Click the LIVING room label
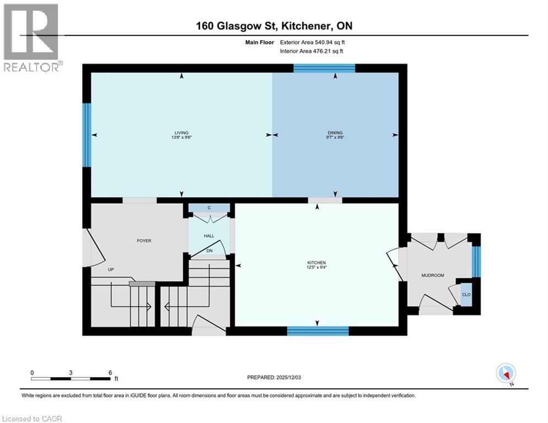(x=181, y=133)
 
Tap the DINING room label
(x=335, y=133)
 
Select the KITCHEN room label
(x=317, y=263)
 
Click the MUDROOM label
(x=432, y=275)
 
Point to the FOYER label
(x=144, y=241)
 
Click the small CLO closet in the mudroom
(x=466, y=295)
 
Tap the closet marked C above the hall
(x=209, y=208)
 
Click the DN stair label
(x=209, y=251)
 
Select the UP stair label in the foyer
(x=111, y=270)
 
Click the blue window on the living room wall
(x=86, y=134)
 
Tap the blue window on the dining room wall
(x=324, y=68)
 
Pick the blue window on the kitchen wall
(x=318, y=331)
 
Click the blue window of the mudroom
(x=476, y=262)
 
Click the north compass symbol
(x=505, y=373)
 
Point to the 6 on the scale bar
(x=110, y=372)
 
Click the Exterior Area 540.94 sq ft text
(x=312, y=42)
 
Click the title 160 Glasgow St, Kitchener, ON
(x=274, y=25)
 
